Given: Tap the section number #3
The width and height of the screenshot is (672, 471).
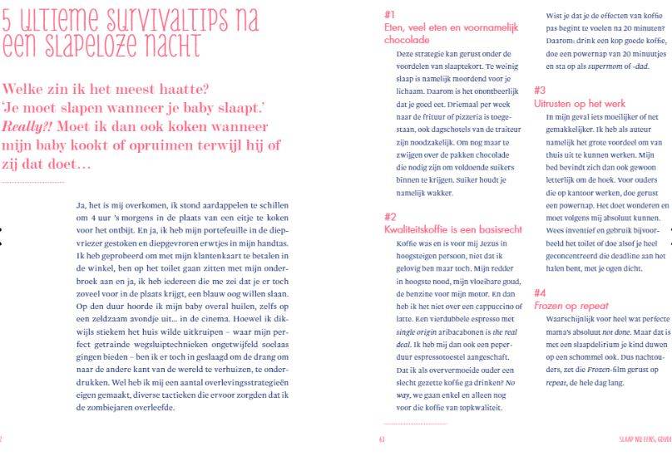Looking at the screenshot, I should pos(540,89).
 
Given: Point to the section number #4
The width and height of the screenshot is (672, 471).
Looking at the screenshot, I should pos(540,292).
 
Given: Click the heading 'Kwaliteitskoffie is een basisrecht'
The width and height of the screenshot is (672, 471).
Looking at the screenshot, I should pos(453,228).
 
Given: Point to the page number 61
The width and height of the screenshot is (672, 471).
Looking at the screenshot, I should pos(382,440).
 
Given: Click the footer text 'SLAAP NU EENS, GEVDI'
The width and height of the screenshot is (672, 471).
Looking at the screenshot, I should pos(645,440).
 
